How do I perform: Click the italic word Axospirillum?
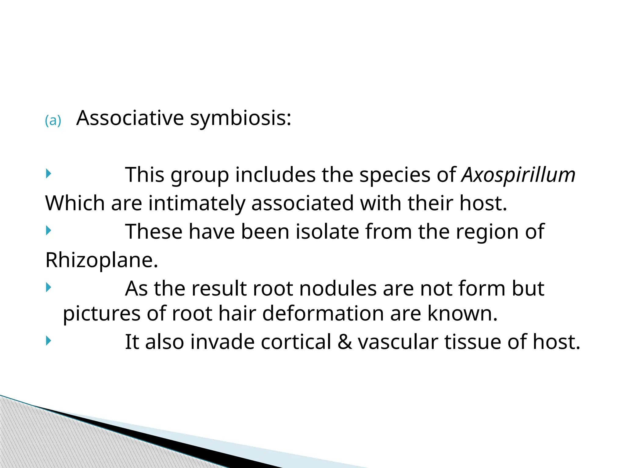pos(518,175)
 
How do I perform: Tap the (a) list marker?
pos(53,121)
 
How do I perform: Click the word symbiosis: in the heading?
pos(240,119)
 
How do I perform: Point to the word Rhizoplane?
pos(102,260)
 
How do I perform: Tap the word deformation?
pos(323,314)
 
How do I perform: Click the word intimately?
pos(197,204)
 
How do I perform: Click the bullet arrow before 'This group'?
pos(48,174)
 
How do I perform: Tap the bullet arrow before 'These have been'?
pos(48,230)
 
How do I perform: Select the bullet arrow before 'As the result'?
pos(48,287)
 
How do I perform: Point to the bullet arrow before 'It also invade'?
pos(48,340)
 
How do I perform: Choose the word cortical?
pos(296,342)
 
